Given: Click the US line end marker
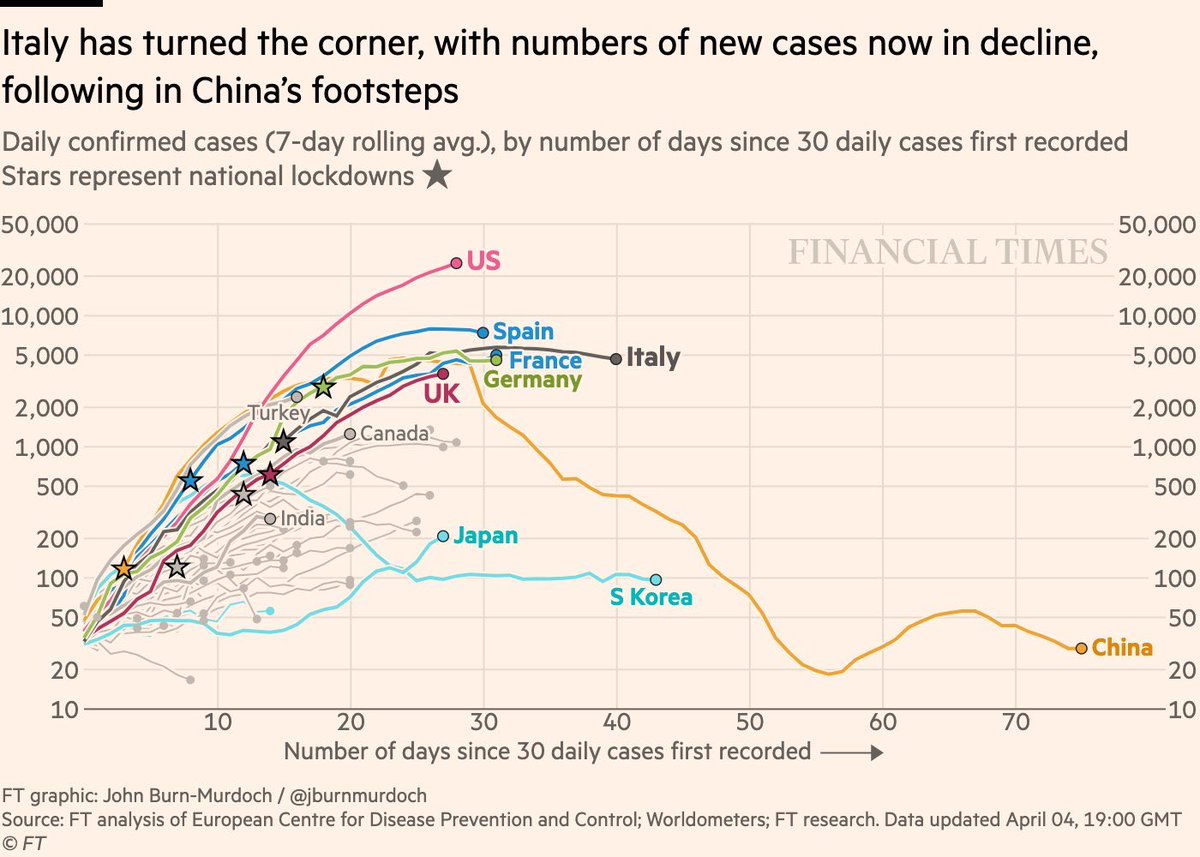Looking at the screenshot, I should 456,263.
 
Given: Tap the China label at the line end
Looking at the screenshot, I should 1122,648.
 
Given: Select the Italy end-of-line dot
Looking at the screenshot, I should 616,358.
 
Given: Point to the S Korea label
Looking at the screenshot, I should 651,599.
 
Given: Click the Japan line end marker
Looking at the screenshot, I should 443,537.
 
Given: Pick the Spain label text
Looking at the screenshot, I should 523,332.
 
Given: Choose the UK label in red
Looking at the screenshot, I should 441,394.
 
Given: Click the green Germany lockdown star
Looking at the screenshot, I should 323,387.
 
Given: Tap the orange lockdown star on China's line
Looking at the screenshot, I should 124,568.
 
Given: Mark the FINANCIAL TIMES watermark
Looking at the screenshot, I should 948,251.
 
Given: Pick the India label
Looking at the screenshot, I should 302,519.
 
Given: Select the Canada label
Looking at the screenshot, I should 394,434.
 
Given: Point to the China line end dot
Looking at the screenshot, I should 1081,648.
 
